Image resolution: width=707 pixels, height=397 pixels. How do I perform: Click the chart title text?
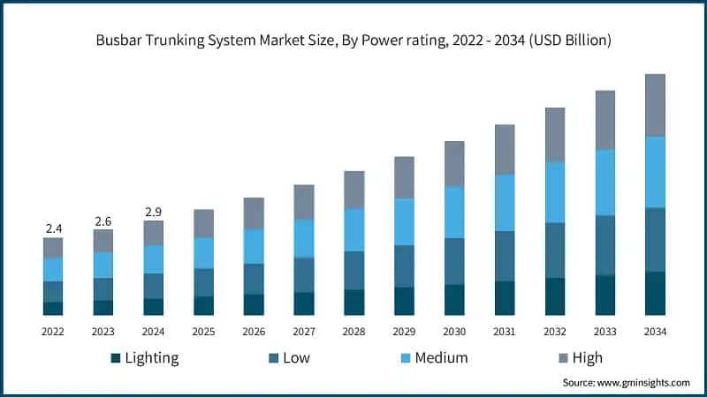353,41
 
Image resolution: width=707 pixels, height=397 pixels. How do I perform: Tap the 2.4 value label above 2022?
53,228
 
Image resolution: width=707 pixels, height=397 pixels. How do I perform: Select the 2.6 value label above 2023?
103,221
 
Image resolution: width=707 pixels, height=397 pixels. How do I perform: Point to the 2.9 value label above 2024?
154,212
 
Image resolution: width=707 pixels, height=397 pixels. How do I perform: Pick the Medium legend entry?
433,357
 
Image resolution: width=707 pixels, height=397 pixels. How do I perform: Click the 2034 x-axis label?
655,332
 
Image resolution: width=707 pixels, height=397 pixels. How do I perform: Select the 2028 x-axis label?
353,332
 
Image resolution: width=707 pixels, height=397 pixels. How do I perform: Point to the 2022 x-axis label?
53,332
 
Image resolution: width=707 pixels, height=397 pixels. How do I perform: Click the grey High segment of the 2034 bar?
655,105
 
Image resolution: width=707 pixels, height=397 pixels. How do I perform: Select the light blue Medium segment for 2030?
454,213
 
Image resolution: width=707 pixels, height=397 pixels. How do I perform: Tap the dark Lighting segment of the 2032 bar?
554,296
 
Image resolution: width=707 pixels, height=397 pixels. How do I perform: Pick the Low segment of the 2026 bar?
254,279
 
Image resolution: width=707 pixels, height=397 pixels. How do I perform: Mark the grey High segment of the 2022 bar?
53,247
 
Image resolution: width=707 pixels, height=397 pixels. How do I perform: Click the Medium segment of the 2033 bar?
604,183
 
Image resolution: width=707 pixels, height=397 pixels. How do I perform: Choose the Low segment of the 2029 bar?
404,266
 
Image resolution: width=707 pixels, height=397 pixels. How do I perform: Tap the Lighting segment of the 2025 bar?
203,305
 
